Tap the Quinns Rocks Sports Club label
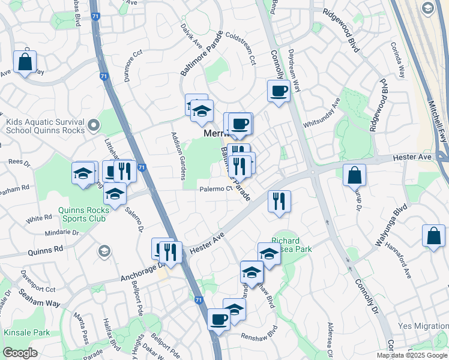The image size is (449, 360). pos(83,214)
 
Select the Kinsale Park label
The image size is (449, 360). pos(26,332)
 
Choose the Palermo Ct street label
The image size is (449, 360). pos(216,189)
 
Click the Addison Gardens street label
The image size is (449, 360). pos(179,155)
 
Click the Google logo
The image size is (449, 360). pos(20,353)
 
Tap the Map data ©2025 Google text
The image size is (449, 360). pos(412,355)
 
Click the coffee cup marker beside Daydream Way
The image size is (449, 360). pos(278,92)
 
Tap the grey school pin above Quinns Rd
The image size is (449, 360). pos(104,250)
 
